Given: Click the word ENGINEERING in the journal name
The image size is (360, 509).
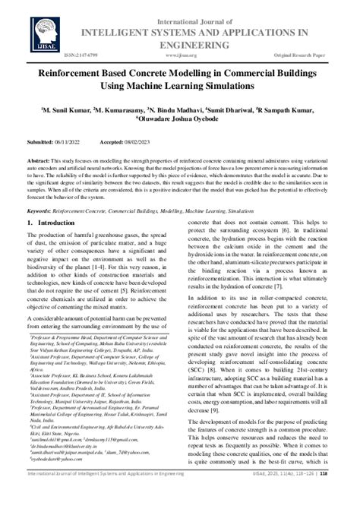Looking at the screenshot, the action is click(x=179, y=43).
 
